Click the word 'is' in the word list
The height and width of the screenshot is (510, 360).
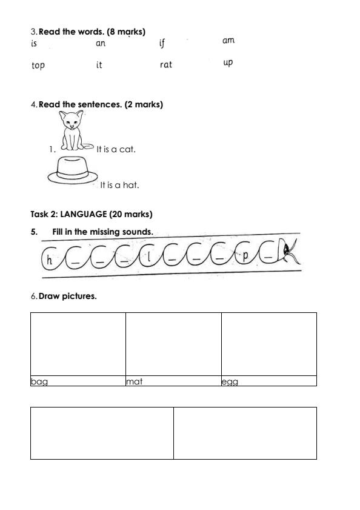click(x=34, y=44)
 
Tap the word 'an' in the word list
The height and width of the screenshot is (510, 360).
click(x=101, y=44)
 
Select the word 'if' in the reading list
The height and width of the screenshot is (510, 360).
click(x=162, y=43)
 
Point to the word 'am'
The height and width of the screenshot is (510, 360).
click(x=228, y=41)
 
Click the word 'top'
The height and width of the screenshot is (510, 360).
click(x=38, y=65)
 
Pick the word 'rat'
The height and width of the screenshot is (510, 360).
click(x=166, y=65)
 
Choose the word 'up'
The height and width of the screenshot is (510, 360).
click(x=228, y=62)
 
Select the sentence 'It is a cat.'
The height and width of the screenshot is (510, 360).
click(x=116, y=149)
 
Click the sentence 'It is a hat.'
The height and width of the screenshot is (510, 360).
click(x=119, y=186)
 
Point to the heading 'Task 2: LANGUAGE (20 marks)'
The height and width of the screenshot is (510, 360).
click(x=92, y=215)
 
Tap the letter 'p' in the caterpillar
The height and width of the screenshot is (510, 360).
click(x=245, y=255)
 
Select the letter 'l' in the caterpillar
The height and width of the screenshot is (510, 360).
click(x=148, y=257)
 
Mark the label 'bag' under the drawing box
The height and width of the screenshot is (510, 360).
click(x=39, y=382)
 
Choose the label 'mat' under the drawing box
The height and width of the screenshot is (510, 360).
click(x=134, y=382)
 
